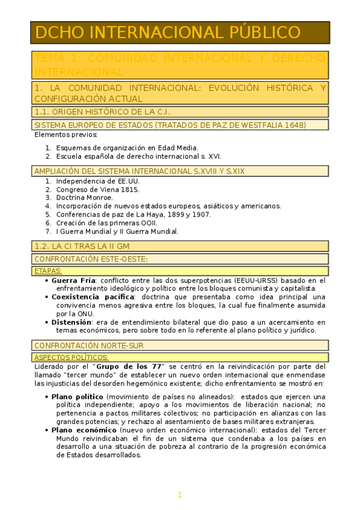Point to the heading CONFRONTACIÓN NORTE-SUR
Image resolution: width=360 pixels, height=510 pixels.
click(x=89, y=346)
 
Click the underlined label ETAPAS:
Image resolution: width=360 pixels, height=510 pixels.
click(x=48, y=271)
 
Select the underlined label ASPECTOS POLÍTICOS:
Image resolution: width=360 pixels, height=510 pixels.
click(x=72, y=357)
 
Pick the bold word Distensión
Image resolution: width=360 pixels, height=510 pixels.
click(x=72, y=322)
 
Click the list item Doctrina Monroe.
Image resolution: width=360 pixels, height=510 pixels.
click(x=84, y=197)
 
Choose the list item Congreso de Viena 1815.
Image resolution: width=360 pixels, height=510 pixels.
click(x=97, y=189)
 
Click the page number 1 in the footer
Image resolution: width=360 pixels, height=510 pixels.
click(x=179, y=495)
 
